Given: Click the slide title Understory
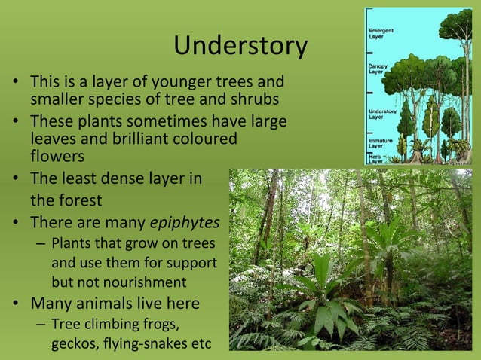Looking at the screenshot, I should [240, 47].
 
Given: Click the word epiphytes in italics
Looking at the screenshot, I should [185, 223].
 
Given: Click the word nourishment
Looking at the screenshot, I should [146, 283].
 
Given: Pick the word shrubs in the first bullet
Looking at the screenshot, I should [259, 99].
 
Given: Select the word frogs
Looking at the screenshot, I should [161, 325].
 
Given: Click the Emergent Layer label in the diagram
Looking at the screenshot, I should [380, 32].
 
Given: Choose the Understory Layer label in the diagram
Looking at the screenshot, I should [382, 114].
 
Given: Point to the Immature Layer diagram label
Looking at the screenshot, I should [380, 142].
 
